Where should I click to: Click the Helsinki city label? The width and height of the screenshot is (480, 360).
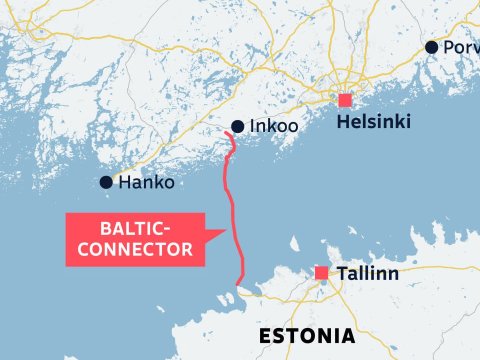pyautogui.click(x=374, y=124)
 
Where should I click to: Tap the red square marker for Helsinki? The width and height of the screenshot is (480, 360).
pyautogui.click(x=345, y=100)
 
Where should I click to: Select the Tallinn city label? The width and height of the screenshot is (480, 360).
pyautogui.click(x=370, y=272)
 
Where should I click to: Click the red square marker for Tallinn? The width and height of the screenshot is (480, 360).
pyautogui.click(x=321, y=273)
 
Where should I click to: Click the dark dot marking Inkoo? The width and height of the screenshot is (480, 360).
pyautogui.click(x=237, y=127)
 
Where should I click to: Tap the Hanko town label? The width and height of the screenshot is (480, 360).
pyautogui.click(x=146, y=183)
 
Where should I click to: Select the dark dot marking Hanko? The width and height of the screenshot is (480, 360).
pyautogui.click(x=106, y=183)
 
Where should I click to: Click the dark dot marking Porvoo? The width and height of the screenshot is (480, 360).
pyautogui.click(x=431, y=47)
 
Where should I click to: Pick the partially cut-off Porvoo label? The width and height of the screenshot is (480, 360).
pyautogui.click(x=461, y=47)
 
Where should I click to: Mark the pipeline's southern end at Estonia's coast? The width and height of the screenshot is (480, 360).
pyautogui.click(x=240, y=284)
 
